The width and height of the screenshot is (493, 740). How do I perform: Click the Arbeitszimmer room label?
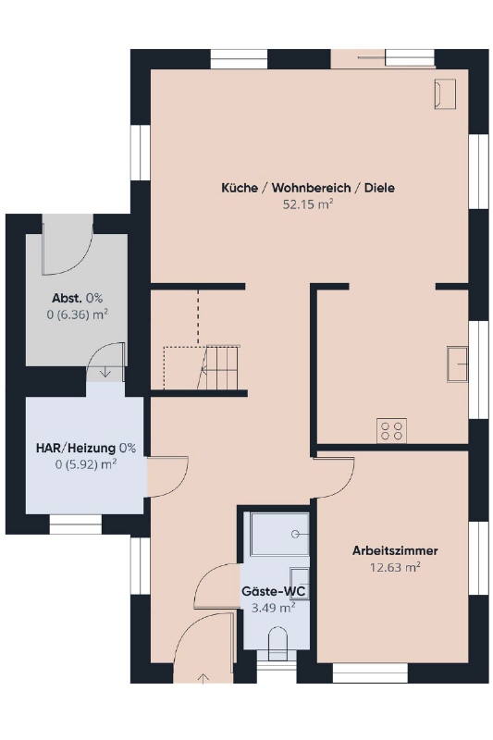(395, 550)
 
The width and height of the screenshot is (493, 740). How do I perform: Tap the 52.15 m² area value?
(308, 204)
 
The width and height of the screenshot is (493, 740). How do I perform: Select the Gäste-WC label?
(274, 591)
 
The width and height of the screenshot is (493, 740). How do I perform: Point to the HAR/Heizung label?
(76, 448)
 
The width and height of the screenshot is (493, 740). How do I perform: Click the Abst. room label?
(68, 298)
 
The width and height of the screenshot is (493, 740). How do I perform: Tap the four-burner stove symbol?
(391, 430)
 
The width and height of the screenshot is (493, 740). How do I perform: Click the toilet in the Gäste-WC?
(277, 644)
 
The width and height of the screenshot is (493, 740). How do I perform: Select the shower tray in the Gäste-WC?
(279, 534)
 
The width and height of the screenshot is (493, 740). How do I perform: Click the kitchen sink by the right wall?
(457, 364)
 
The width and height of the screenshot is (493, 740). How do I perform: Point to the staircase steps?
(222, 367)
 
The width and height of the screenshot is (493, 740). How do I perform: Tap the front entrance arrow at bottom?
(203, 678)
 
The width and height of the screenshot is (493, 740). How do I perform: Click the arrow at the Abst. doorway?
(105, 373)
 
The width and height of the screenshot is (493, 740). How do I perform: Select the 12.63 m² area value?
(395, 567)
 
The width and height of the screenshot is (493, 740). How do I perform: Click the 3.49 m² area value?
(274, 608)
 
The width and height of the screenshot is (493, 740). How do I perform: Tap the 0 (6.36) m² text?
(78, 314)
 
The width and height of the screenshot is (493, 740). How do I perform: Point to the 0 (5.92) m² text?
(86, 464)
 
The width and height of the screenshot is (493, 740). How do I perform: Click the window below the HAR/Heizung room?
(76, 524)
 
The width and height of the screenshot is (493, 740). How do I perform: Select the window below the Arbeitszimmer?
(370, 673)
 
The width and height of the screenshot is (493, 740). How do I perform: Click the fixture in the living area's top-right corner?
(445, 94)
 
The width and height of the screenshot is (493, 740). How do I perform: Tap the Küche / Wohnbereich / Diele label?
(308, 188)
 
